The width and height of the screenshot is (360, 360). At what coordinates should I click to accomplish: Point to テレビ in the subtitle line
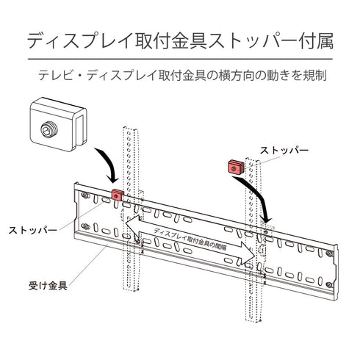point(61,75)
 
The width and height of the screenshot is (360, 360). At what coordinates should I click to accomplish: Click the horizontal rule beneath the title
point(180,58)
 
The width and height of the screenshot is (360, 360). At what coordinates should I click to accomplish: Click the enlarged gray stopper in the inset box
point(60,124)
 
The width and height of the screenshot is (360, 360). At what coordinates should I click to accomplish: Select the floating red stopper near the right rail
point(234,165)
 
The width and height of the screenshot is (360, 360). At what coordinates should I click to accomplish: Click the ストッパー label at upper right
point(284,150)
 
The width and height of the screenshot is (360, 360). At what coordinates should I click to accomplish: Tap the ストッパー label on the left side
point(33,230)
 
